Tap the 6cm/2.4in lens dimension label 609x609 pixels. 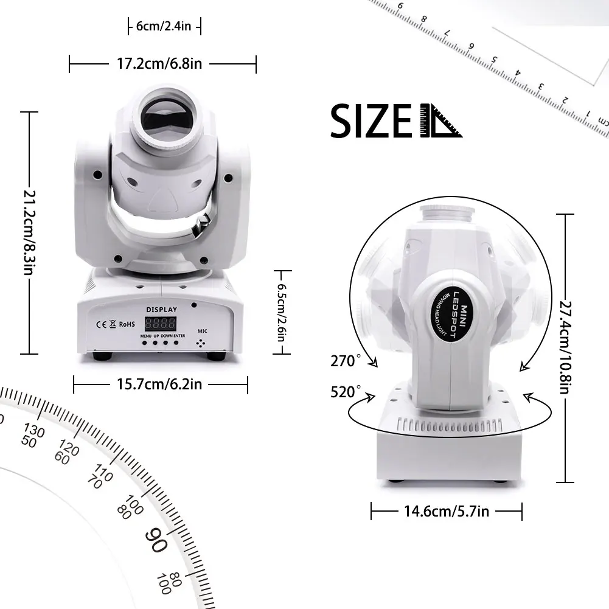(x=164, y=26)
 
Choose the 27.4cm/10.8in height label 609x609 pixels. (x=565, y=347)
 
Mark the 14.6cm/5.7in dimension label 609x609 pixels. (x=447, y=511)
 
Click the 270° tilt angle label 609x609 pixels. (x=343, y=361)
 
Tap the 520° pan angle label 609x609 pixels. (x=343, y=392)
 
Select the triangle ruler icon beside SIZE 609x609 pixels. (x=440, y=121)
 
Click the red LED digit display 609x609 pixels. (x=160, y=324)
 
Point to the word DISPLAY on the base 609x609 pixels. (x=161, y=310)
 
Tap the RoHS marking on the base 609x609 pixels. (x=126, y=324)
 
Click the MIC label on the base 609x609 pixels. (x=202, y=332)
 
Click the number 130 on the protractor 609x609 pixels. (x=35, y=432)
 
